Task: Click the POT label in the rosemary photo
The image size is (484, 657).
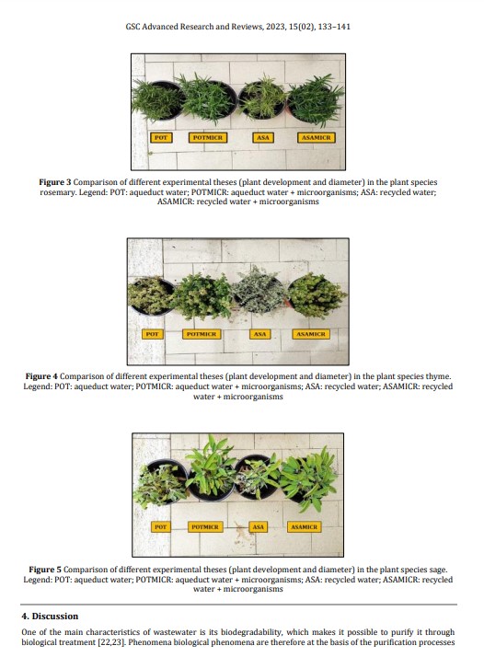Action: (x=161, y=137)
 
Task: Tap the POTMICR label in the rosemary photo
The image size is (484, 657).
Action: (x=208, y=137)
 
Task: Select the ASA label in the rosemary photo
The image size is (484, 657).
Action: (x=263, y=137)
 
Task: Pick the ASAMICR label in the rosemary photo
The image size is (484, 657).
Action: (x=317, y=137)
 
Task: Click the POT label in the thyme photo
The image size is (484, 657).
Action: (x=152, y=334)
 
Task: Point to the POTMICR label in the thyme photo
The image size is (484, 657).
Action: (x=202, y=334)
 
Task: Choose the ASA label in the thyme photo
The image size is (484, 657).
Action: (x=259, y=334)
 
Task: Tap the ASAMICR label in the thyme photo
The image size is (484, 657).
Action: (x=311, y=334)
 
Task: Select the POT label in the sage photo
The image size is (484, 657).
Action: (x=161, y=526)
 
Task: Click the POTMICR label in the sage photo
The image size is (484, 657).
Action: (x=205, y=526)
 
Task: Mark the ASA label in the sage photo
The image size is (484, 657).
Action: (x=259, y=526)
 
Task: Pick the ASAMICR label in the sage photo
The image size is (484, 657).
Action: (x=305, y=526)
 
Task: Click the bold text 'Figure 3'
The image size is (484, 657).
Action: (x=55, y=182)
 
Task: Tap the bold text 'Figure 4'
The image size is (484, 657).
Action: (x=41, y=376)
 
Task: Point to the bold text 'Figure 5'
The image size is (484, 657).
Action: (x=45, y=570)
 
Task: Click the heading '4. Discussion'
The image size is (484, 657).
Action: (x=50, y=616)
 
